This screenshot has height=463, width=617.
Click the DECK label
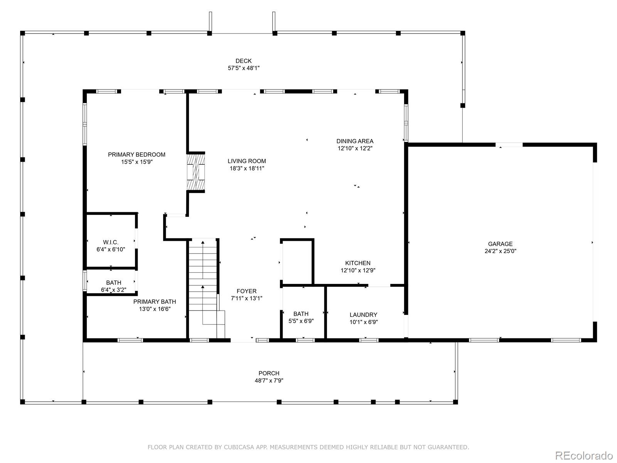(x=243, y=61)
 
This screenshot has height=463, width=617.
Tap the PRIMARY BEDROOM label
(x=137, y=155)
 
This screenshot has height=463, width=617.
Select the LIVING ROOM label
(x=247, y=161)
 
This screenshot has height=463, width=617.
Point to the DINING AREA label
(x=355, y=141)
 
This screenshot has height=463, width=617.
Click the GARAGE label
(x=500, y=244)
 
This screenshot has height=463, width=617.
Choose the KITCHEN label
(x=358, y=263)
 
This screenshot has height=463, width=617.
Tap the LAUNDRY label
(x=364, y=315)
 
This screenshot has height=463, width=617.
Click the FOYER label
(x=246, y=291)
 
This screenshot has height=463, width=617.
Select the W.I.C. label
(x=110, y=242)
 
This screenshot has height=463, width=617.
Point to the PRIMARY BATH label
(x=155, y=302)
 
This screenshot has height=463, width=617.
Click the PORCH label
(x=269, y=373)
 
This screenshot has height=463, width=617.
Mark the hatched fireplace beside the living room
(x=196, y=172)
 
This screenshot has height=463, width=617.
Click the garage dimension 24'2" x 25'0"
(x=500, y=251)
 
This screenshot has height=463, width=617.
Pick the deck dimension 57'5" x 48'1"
(x=243, y=68)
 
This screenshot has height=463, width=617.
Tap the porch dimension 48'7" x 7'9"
(x=269, y=381)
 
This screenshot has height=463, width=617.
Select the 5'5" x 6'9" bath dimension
(x=301, y=321)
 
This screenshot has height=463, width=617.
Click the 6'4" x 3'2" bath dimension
(x=113, y=290)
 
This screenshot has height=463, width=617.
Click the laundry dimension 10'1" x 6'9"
(x=364, y=322)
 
